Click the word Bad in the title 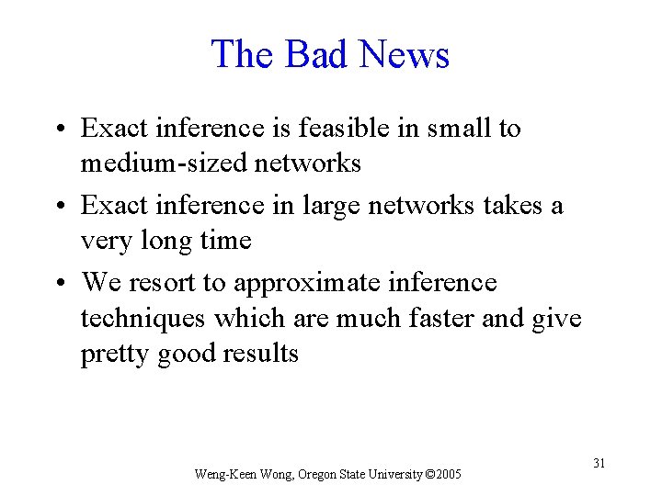(315, 54)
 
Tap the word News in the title (404, 54)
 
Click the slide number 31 (599, 463)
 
